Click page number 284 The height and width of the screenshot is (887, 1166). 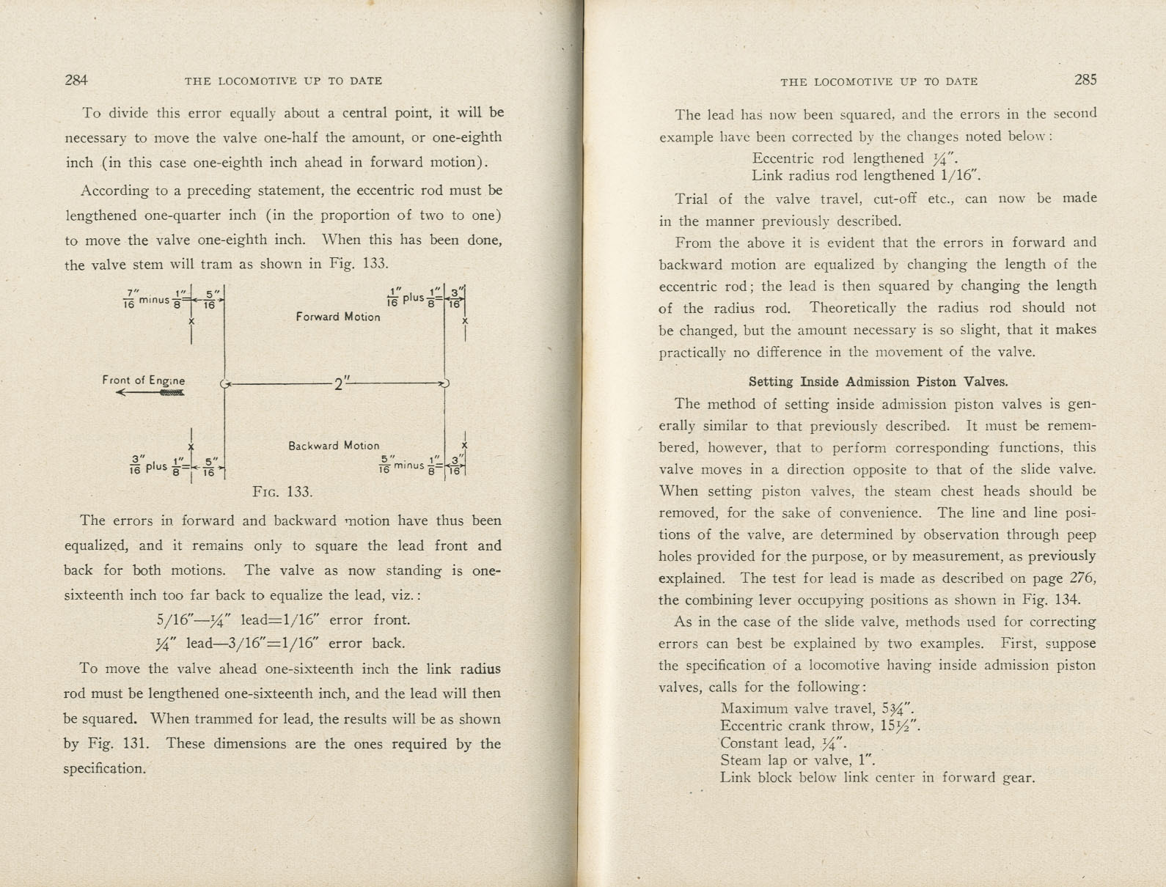(76, 81)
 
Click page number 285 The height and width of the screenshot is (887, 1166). (1085, 80)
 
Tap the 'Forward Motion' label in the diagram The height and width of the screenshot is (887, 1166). (338, 317)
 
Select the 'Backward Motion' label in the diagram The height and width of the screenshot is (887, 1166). (334, 446)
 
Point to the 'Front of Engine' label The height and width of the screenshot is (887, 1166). (144, 380)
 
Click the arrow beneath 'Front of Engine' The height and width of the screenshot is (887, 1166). (150, 393)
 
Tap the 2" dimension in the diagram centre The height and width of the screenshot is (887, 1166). (339, 384)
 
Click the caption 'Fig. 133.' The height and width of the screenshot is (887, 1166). (282, 492)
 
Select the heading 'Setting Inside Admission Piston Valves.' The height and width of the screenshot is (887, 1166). (878, 382)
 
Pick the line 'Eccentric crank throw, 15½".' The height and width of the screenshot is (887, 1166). (820, 726)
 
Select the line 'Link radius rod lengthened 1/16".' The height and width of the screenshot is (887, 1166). (866, 176)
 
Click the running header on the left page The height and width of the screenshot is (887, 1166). (283, 81)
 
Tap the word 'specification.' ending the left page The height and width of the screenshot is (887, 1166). (105, 769)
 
